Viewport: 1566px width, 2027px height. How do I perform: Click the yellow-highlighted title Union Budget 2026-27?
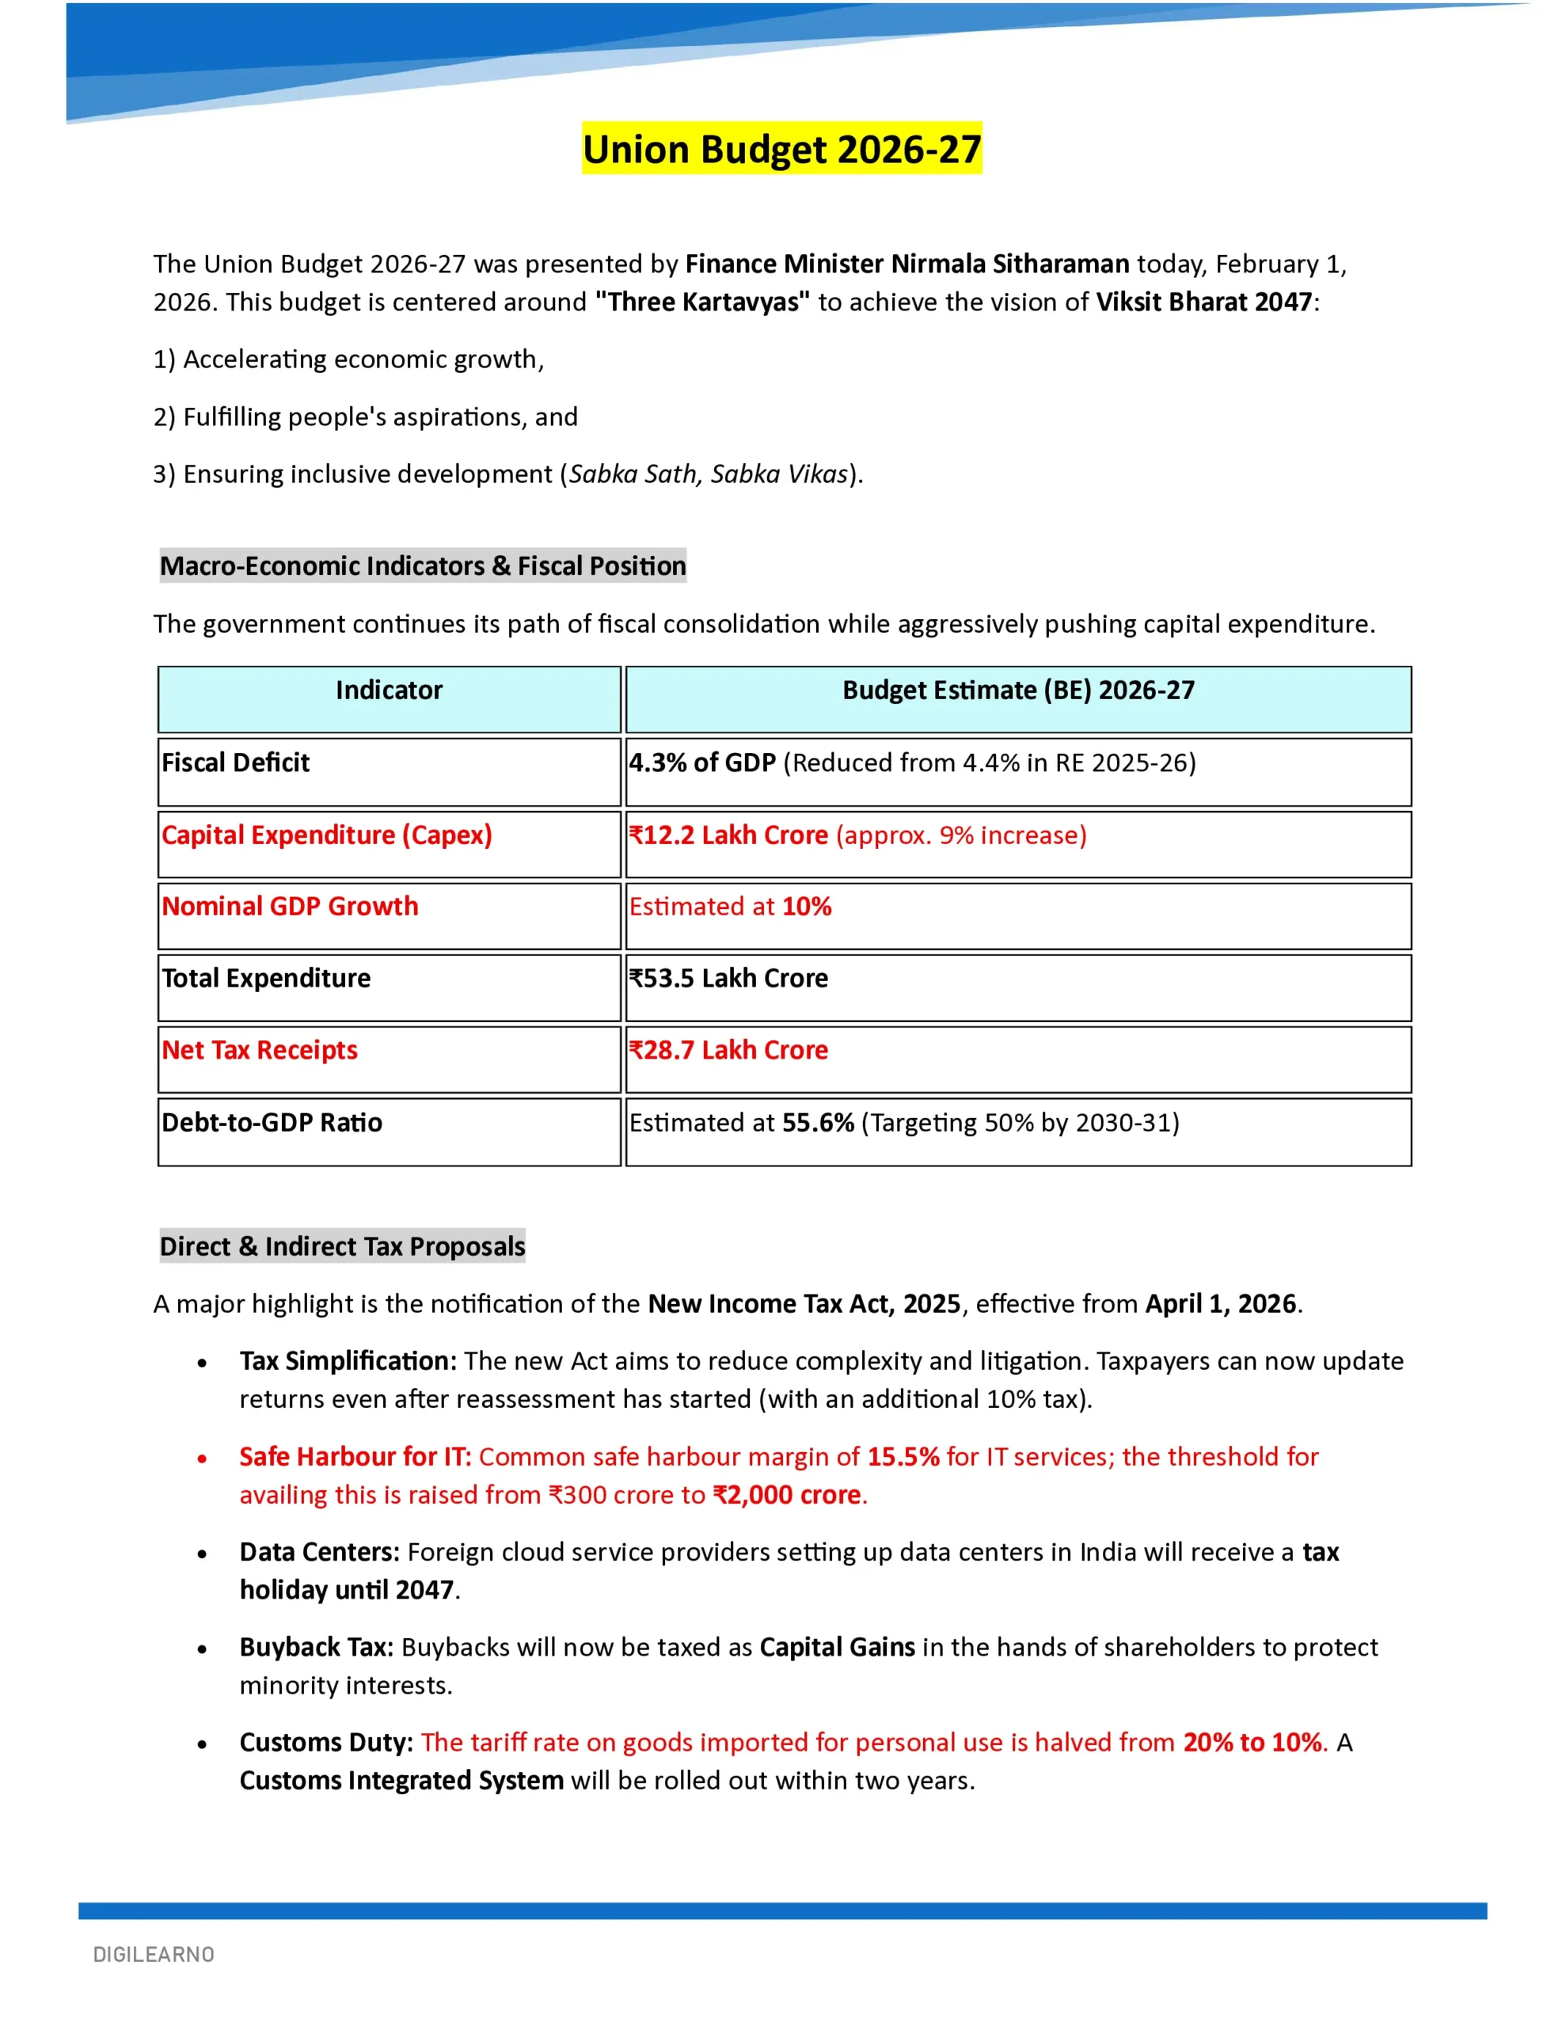tap(781, 150)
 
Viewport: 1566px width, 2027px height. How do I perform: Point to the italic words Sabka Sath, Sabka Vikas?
tap(709, 474)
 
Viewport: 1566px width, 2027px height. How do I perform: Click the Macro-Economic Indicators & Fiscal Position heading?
tap(422, 566)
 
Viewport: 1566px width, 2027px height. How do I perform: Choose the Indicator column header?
tap(389, 690)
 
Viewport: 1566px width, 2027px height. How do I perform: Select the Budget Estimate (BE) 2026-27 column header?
tap(1017, 690)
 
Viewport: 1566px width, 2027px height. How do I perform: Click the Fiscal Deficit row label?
tap(236, 763)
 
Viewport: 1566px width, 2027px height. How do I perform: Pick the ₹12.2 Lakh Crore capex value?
tap(728, 835)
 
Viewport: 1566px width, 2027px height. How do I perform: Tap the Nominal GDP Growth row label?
tap(290, 907)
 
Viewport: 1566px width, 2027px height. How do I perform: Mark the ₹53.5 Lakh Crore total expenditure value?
tap(728, 978)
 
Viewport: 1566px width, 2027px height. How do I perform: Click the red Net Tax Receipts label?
tap(260, 1051)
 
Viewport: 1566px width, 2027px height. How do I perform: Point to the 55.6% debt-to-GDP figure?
tap(818, 1123)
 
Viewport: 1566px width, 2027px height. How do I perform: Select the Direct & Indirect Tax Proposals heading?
tap(343, 1246)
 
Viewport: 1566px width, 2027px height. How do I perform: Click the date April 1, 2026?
tap(1220, 1304)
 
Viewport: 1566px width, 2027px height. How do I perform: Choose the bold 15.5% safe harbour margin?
tap(903, 1457)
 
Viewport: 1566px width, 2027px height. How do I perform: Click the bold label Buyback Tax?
tap(317, 1648)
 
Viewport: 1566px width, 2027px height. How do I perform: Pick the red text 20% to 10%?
tap(1252, 1743)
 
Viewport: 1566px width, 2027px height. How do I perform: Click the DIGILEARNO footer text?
tap(154, 1955)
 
